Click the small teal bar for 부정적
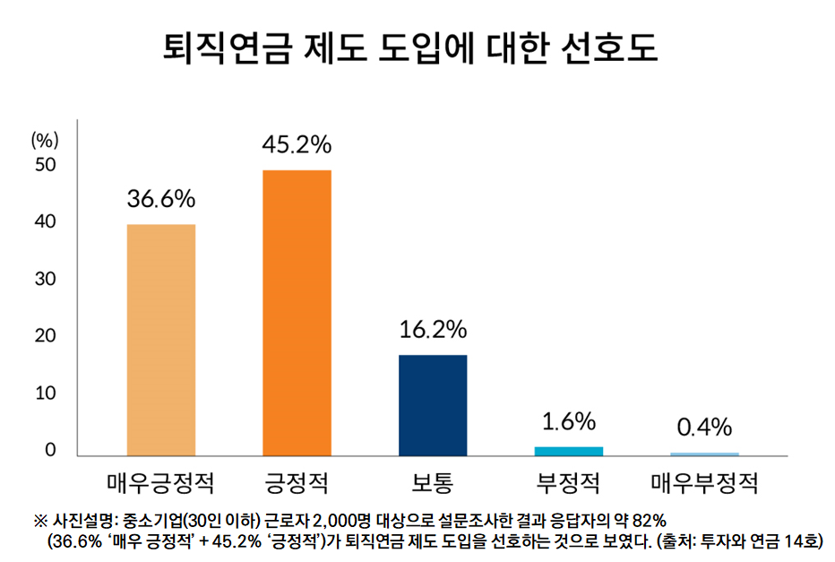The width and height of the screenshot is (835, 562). point(568,450)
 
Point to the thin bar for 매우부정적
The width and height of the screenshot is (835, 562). point(704,454)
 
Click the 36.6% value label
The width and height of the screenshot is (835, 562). point(161,199)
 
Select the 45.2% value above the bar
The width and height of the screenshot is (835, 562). point(297,144)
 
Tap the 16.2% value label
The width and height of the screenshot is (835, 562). point(433,330)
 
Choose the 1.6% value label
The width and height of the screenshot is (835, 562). point(568,421)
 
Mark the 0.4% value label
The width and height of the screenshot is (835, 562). point(704,427)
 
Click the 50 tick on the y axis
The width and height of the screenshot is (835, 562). point(45,165)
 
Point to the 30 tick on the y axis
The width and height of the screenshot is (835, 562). point(45,279)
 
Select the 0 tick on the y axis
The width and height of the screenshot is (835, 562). point(50,450)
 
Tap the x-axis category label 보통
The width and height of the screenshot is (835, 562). point(433,485)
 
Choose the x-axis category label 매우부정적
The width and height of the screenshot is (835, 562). point(704,485)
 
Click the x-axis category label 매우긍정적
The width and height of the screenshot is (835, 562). point(161,485)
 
